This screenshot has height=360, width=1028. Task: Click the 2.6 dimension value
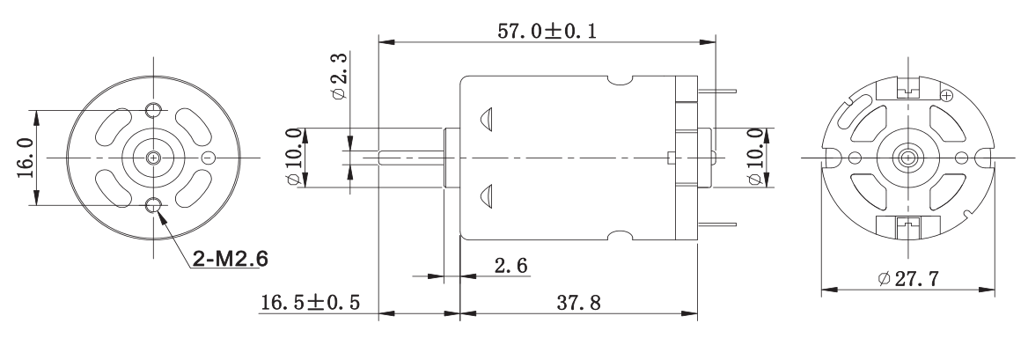click(510, 266)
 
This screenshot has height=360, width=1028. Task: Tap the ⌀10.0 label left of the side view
click(297, 158)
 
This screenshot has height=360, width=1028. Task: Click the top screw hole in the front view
click(154, 109)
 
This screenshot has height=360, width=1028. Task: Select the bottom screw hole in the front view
click(154, 206)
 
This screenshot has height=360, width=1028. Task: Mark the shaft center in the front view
click(154, 158)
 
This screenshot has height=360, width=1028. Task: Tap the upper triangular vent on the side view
click(486, 119)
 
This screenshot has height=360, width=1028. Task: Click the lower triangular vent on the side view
click(486, 195)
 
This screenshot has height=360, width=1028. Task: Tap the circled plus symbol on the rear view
click(946, 95)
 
